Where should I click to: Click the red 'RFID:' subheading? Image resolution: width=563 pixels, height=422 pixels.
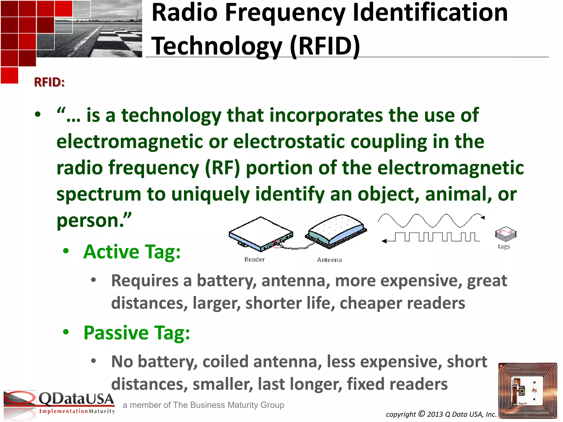[49, 82]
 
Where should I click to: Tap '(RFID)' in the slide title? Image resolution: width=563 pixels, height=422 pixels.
[325, 46]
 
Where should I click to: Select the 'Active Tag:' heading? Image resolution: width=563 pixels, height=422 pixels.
[132, 252]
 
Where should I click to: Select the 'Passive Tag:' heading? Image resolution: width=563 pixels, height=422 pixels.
[137, 333]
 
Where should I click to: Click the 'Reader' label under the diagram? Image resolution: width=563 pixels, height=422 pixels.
[254, 259]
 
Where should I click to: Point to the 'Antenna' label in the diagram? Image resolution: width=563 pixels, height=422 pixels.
[329, 260]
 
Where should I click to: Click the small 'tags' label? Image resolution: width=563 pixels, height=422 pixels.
[504, 246]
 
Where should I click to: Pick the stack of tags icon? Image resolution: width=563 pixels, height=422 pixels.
[506, 234]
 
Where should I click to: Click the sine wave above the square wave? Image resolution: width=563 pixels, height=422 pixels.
[430, 220]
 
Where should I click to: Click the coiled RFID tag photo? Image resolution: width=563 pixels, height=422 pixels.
[528, 390]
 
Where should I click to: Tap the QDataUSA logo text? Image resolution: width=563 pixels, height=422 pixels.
[76, 399]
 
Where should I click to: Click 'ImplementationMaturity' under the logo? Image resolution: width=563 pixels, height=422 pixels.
[77, 411]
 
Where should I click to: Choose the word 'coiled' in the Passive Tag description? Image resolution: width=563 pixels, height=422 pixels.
[226, 362]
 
